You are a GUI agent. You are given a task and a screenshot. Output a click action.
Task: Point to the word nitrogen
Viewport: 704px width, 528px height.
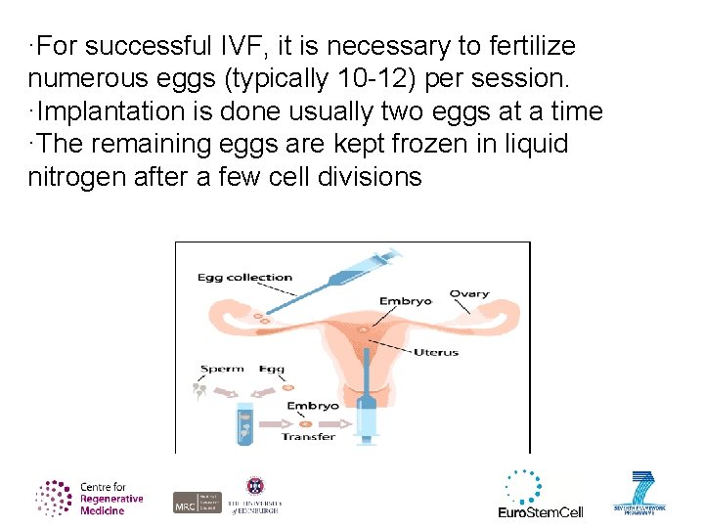[x=77, y=177]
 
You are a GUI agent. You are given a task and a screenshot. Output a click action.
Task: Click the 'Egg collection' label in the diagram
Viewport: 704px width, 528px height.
[x=244, y=277]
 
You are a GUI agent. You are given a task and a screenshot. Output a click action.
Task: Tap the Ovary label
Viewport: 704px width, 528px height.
[x=469, y=293]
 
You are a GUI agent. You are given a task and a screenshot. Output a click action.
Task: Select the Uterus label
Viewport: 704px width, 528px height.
[x=435, y=352]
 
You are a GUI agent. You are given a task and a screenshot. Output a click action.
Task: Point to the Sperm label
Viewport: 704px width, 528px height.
[x=221, y=369]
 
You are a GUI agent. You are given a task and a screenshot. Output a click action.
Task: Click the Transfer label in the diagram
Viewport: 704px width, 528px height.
[x=308, y=436]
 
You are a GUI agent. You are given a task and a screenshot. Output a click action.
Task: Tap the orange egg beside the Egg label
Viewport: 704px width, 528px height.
[x=273, y=386]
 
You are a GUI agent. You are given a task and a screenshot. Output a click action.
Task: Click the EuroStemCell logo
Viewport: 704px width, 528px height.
[x=540, y=495]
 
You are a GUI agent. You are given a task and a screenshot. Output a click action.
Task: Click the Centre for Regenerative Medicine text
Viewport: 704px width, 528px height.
[x=110, y=499]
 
